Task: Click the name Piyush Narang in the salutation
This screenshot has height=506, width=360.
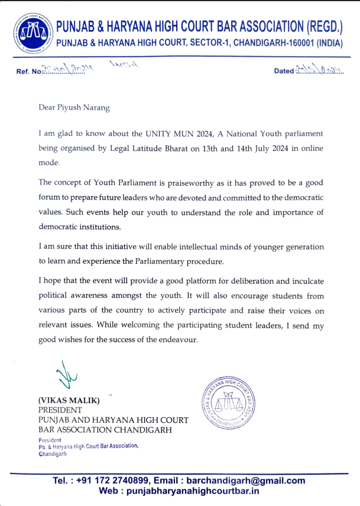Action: click(82, 107)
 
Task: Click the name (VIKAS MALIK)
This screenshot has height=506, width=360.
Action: click(69, 400)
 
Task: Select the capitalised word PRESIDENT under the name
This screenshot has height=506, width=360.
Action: click(60, 410)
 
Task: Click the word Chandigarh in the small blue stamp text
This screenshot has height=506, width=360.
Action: click(52, 453)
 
